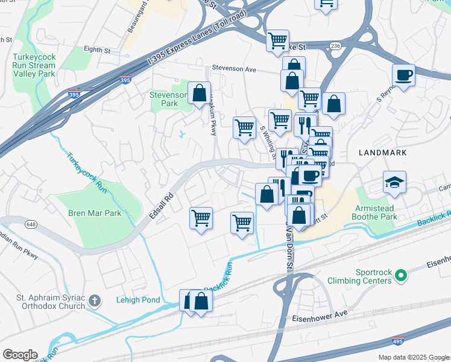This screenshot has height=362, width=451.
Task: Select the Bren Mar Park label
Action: click(x=95, y=213)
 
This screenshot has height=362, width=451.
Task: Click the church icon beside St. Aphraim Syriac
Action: click(x=94, y=300)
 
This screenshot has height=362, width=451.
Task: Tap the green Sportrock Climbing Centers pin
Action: click(x=402, y=276)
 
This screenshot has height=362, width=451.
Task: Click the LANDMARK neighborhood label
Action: click(x=382, y=153)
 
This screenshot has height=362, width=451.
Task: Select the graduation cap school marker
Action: click(x=394, y=182)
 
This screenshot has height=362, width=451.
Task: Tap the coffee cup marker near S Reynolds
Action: click(x=403, y=75)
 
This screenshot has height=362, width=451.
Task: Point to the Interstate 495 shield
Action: click(x=397, y=341)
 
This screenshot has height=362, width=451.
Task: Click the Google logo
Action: click(x=20, y=355)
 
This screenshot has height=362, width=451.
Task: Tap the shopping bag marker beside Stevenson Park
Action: click(x=199, y=94)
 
